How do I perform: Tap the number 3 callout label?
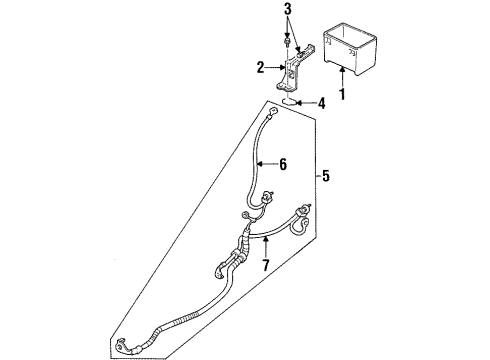point(288,11)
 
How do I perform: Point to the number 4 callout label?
point(321,102)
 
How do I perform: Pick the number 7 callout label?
point(265,266)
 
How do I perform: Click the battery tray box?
point(348,50)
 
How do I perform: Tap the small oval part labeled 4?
point(287,102)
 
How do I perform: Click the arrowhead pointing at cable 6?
point(264,162)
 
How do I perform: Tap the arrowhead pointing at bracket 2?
point(280,69)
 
